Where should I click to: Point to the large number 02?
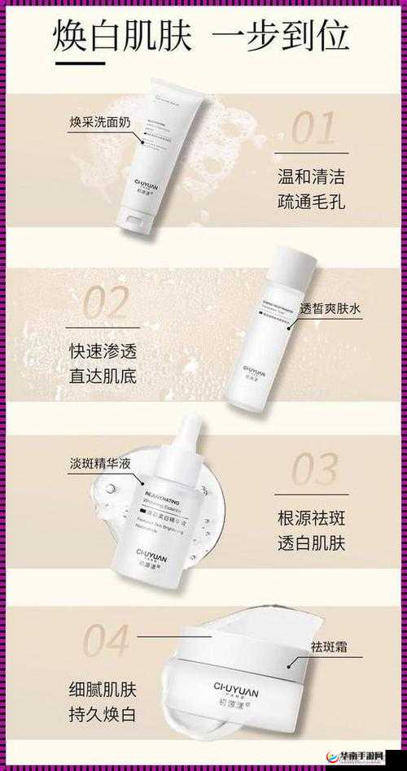pyautogui.click(x=107, y=303)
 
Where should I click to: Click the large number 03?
pyautogui.click(x=313, y=470)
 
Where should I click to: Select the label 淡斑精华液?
pyautogui.click(x=101, y=464)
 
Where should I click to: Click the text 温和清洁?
pyautogui.click(x=310, y=175)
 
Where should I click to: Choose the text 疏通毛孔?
pyautogui.click(x=310, y=202)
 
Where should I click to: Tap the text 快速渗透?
pyautogui.click(x=103, y=351)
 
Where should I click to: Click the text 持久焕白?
pyautogui.click(x=103, y=716)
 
